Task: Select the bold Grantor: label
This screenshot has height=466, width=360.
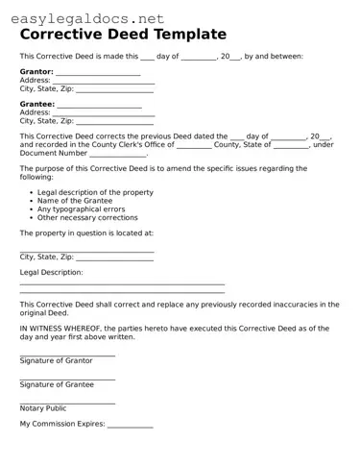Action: [x=36, y=72]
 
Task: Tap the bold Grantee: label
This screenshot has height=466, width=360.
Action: [x=36, y=104]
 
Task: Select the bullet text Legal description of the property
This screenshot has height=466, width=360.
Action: [x=95, y=192]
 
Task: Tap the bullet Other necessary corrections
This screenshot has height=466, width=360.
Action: [x=87, y=217]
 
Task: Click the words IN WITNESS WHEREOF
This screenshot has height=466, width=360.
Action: [x=60, y=328]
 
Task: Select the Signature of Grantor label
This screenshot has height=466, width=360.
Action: [x=57, y=360]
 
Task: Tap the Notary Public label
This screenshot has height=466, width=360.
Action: [x=43, y=407]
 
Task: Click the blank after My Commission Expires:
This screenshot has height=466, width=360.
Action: [x=130, y=425]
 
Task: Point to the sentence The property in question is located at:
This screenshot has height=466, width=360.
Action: [x=86, y=233]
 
